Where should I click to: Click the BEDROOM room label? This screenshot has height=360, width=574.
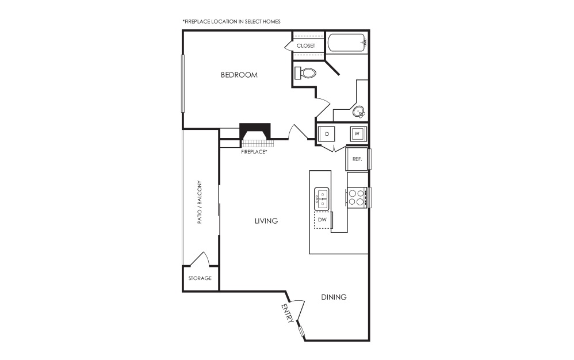[x=239, y=75]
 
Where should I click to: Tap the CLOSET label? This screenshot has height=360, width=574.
[x=305, y=46]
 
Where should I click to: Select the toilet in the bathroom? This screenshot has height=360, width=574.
[x=305, y=73]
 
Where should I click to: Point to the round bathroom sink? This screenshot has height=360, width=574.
[x=359, y=112]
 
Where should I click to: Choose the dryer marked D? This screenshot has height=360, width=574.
[x=327, y=134]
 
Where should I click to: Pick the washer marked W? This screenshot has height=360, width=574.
[x=357, y=133]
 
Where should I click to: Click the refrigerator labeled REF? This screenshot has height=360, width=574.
[x=357, y=159]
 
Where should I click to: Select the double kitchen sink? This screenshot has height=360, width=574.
[x=322, y=199]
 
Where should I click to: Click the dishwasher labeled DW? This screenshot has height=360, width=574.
[x=323, y=220]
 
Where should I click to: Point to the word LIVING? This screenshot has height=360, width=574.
[x=266, y=221]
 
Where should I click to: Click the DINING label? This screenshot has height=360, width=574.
[x=334, y=297]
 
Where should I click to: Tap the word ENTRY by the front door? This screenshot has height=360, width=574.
[x=288, y=313]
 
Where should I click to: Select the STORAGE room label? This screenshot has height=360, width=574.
[x=200, y=278]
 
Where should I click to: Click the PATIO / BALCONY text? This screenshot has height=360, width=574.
[x=200, y=202]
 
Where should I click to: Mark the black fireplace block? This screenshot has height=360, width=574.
[x=255, y=131]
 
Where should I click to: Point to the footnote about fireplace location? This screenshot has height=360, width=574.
[x=231, y=22]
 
